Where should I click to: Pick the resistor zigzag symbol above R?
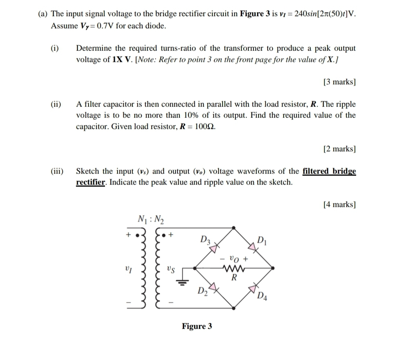[233, 269]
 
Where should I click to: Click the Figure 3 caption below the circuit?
[197, 326]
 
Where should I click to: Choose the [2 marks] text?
[339, 149]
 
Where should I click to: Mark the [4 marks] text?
[339, 204]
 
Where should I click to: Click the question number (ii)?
[56, 104]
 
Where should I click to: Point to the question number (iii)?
[57, 171]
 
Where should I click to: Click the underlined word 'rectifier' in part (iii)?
[90, 182]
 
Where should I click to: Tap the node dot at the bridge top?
[233, 228]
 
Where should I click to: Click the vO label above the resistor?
[234, 259]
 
